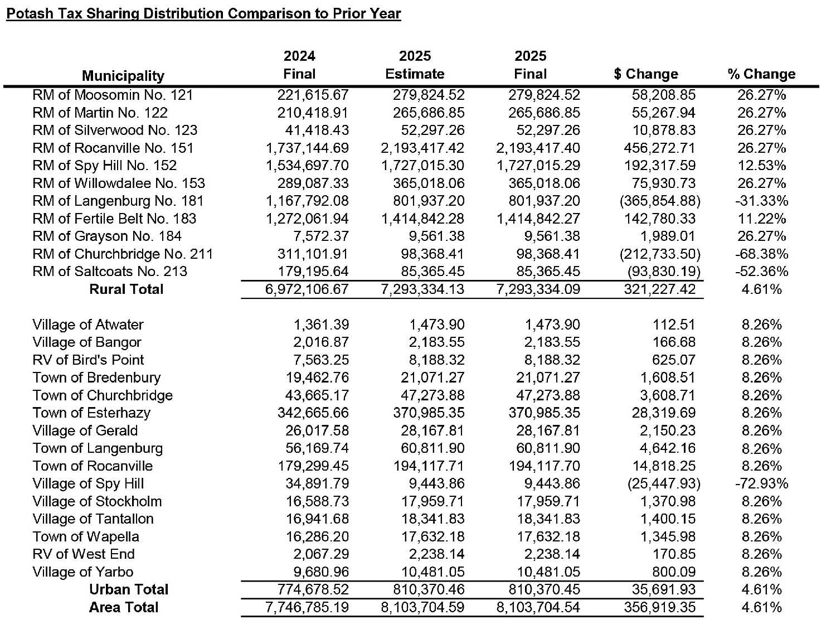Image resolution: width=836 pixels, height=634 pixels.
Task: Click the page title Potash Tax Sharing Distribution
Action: (203, 13)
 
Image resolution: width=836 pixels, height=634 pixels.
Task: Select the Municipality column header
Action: (123, 76)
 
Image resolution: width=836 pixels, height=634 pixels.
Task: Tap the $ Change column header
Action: (646, 74)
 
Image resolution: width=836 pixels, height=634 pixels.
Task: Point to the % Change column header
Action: (761, 74)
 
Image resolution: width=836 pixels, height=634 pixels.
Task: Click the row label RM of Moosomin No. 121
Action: (113, 95)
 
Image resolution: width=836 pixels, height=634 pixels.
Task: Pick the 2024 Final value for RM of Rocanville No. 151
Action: (307, 148)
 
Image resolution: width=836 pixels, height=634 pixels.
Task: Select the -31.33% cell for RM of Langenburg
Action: (761, 201)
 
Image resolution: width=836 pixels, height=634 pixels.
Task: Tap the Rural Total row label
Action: (127, 289)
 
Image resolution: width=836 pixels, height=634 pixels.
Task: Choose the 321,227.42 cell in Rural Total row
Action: (659, 289)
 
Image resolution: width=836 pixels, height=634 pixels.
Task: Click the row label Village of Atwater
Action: (88, 325)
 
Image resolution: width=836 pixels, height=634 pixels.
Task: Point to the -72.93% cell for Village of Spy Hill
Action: (761, 483)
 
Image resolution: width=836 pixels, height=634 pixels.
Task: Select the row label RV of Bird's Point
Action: (88, 360)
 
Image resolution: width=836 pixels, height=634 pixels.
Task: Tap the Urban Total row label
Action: (129, 589)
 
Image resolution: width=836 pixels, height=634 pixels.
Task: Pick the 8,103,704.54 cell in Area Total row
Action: (538, 607)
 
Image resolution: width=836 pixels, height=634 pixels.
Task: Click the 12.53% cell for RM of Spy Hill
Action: (761, 166)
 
